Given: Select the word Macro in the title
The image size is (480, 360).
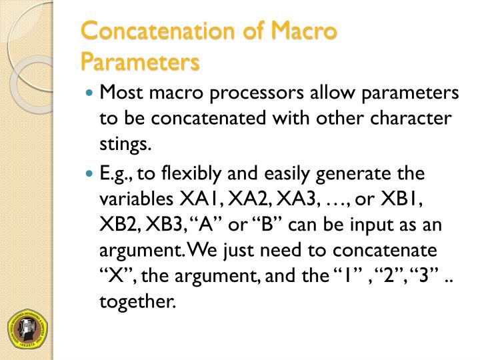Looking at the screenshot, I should click(303, 33).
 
